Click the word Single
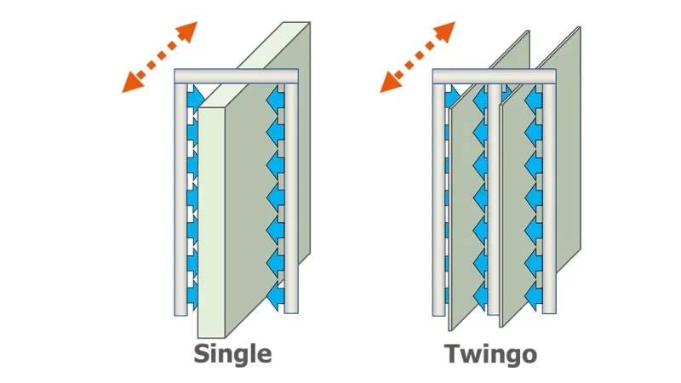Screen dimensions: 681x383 (x=232, y=355)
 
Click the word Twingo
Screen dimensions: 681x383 (x=491, y=354)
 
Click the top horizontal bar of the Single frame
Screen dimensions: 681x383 (x=237, y=76)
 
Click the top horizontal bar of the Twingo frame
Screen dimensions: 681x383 (x=495, y=76)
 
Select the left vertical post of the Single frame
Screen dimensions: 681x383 (x=180, y=199)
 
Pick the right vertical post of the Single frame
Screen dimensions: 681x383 (x=291, y=198)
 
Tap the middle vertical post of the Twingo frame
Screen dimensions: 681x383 (x=494, y=199)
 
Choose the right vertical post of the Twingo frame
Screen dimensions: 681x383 (x=549, y=198)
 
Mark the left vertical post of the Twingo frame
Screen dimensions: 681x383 (x=438, y=199)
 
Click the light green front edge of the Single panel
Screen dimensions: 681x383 (x=211, y=222)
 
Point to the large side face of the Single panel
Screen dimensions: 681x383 (x=267, y=182)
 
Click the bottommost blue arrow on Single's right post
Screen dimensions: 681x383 (x=275, y=297)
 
